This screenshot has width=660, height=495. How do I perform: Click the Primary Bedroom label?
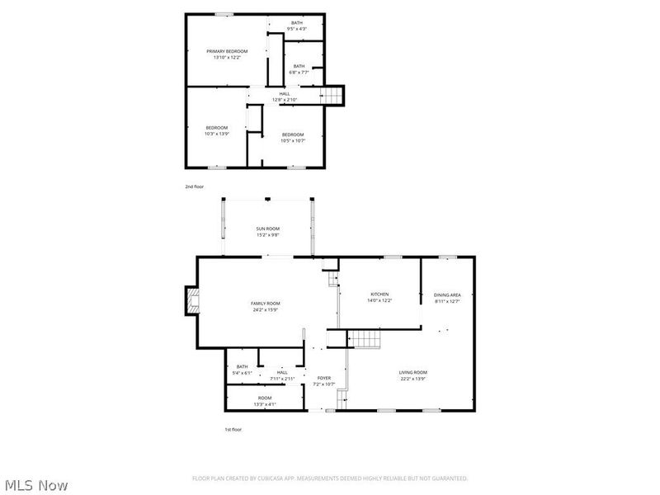click(226, 51)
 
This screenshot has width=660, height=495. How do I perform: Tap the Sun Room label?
click(267, 229)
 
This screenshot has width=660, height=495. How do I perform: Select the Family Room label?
click(266, 304)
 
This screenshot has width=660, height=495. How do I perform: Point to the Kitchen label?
click(379, 295)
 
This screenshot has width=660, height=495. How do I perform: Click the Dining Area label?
click(447, 295)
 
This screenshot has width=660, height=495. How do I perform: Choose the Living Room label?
click(414, 372)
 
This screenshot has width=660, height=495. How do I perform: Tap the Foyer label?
click(323, 378)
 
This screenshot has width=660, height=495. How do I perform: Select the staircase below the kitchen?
click(363, 338)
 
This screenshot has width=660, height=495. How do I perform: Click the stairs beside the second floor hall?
click(332, 96)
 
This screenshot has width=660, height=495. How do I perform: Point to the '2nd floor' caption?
click(194, 187)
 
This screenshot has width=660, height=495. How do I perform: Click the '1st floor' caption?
click(233, 429)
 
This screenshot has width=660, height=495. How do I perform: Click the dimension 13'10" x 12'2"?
click(226, 57)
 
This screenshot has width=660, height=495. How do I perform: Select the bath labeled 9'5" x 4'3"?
click(297, 26)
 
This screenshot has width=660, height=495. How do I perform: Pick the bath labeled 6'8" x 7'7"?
click(298, 68)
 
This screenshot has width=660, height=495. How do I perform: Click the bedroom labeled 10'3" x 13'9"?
click(217, 130)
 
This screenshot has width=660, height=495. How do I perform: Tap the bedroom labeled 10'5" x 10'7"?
click(293, 137)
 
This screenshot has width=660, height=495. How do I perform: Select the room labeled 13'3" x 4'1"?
click(242, 400)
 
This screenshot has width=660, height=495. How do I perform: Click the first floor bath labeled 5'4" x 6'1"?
click(242, 369)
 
